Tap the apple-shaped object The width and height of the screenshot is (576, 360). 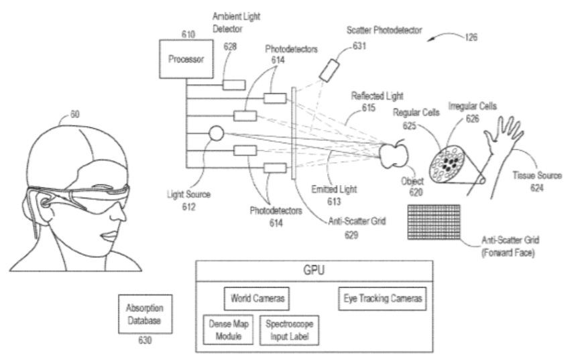point(393,155)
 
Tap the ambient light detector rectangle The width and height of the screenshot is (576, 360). point(233,85)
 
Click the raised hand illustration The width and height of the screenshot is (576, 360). point(503,141)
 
